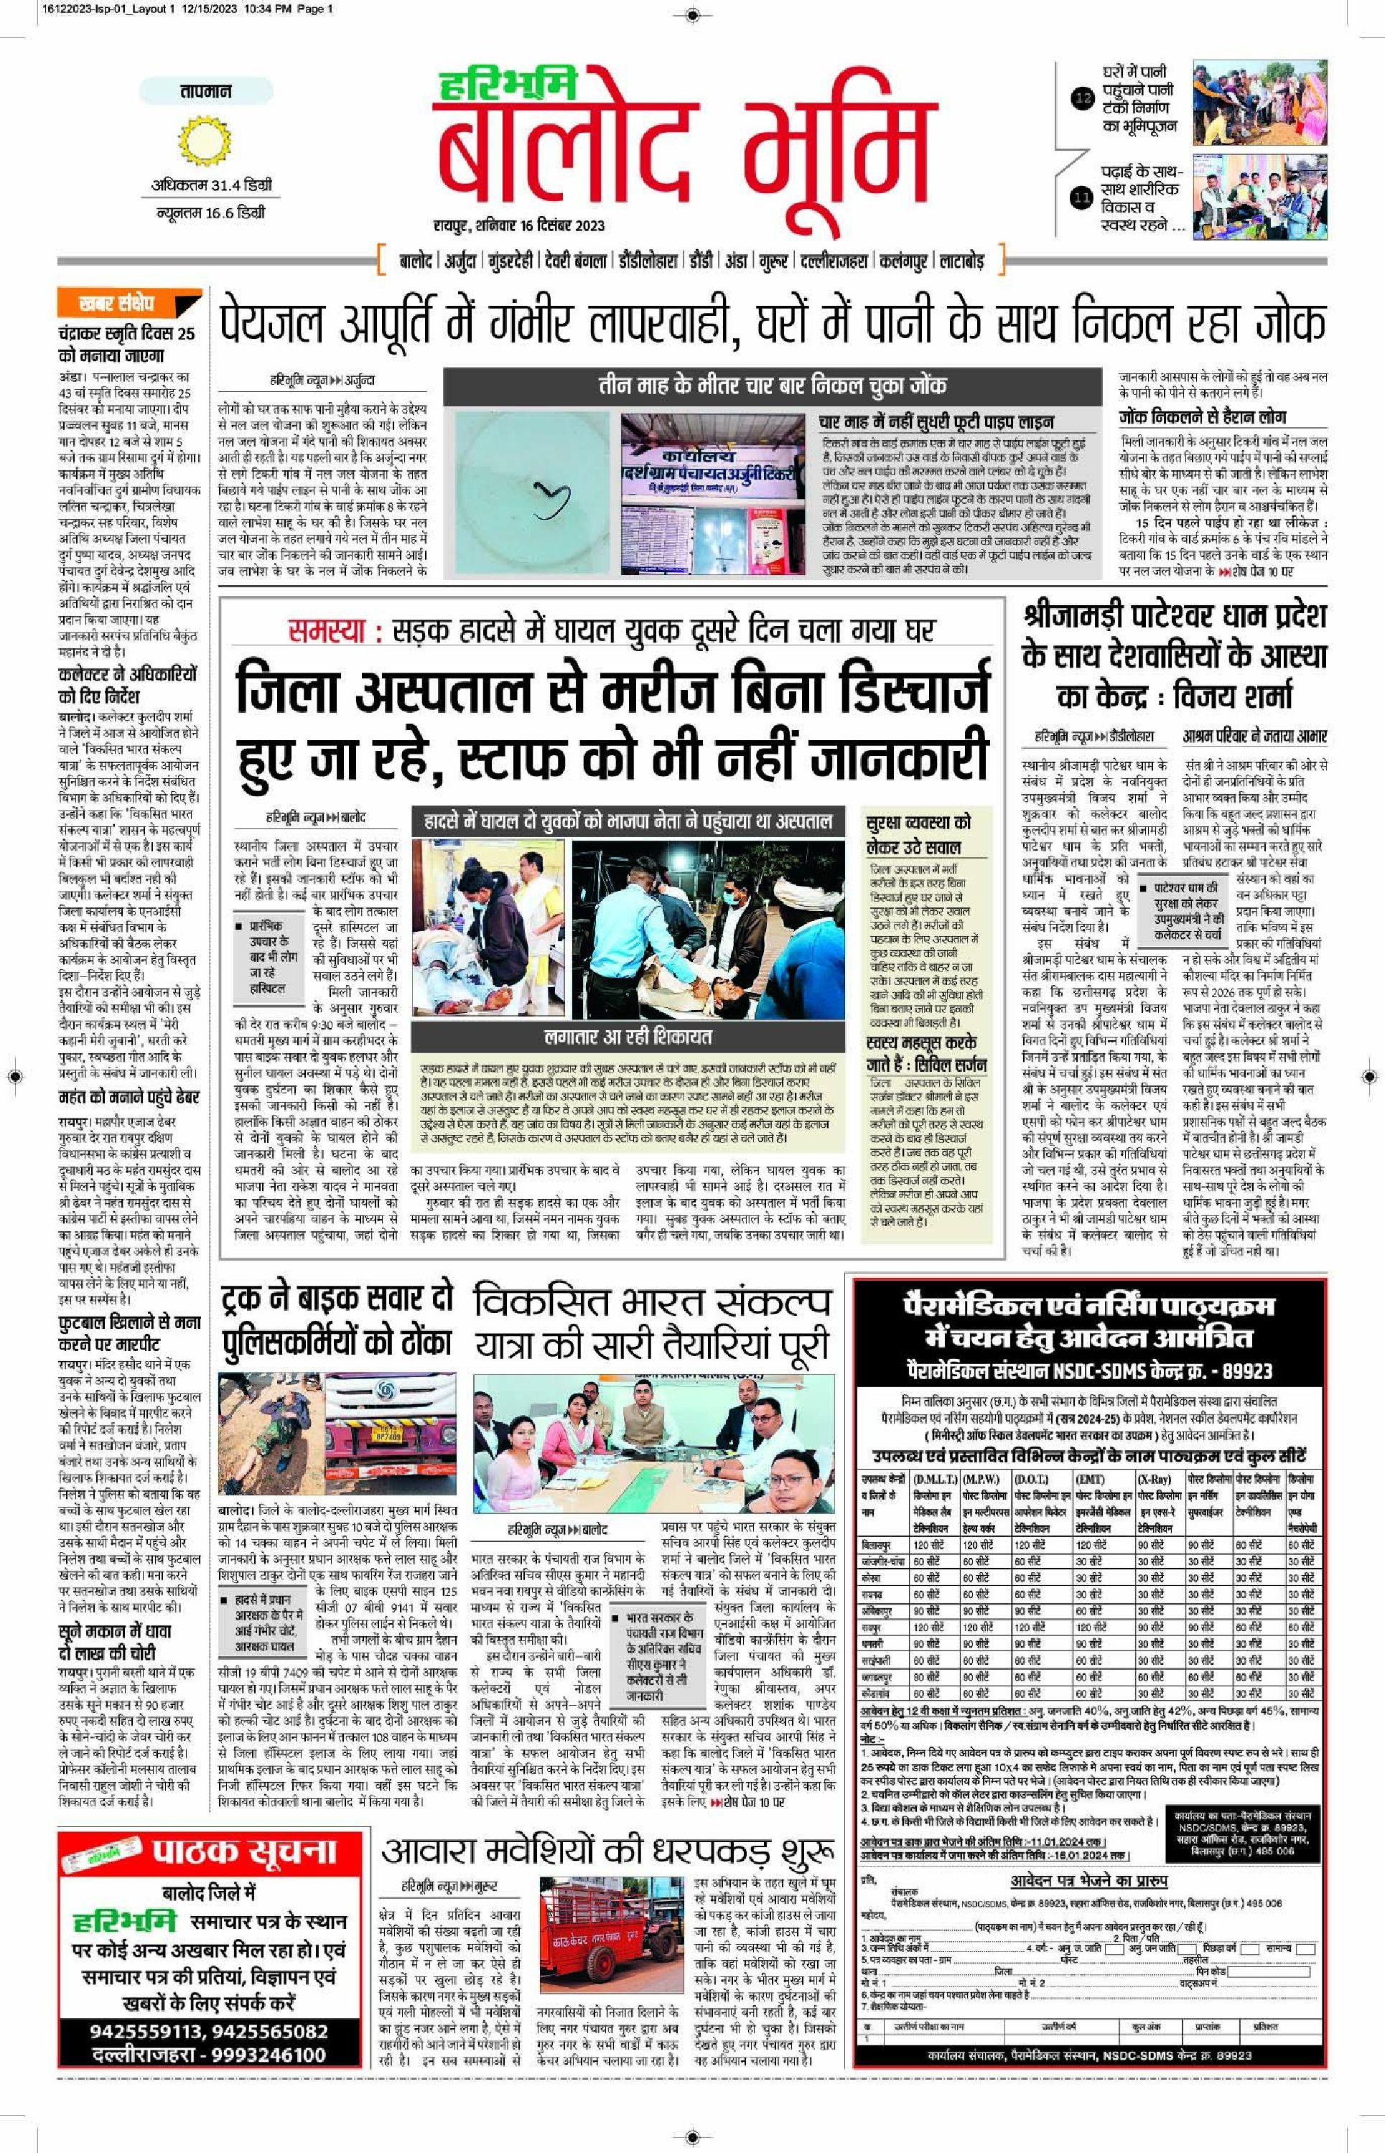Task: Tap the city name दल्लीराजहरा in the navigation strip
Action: point(834,261)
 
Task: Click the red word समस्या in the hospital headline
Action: point(327,631)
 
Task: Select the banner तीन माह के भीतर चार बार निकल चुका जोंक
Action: point(773,386)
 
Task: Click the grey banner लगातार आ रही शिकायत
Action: point(628,1037)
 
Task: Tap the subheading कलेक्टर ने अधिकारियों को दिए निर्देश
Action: point(127,685)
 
